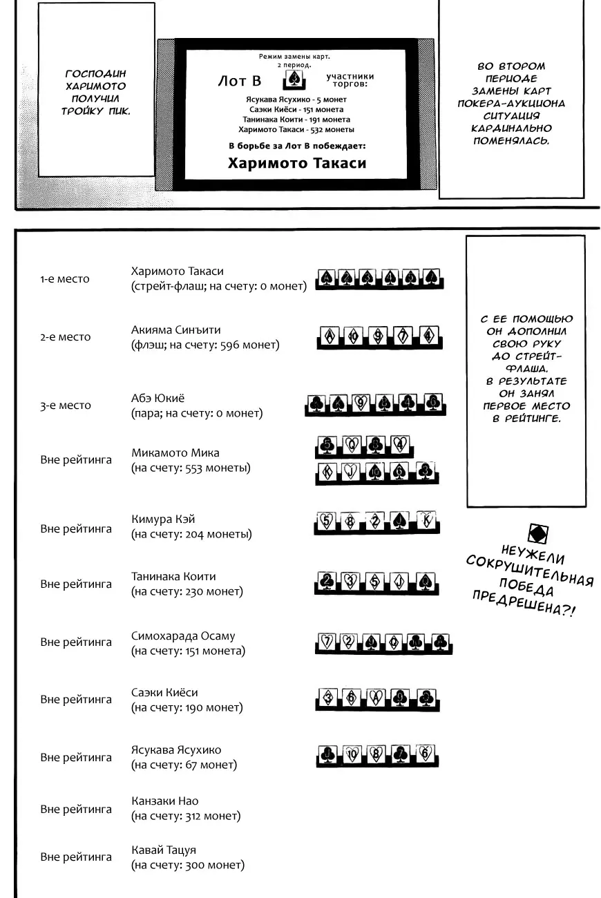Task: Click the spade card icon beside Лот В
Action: tap(293, 81)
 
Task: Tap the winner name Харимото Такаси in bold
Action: tap(296, 164)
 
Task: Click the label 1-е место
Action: tap(65, 279)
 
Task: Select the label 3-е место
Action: tap(66, 405)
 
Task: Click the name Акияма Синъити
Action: tap(176, 330)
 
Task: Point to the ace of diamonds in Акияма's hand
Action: tap(330, 336)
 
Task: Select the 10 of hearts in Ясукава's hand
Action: tap(352, 754)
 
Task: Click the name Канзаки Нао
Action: tap(164, 801)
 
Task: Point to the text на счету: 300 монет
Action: tap(187, 865)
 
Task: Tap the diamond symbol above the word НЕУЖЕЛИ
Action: tap(537, 533)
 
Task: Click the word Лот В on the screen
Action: tap(239, 82)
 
